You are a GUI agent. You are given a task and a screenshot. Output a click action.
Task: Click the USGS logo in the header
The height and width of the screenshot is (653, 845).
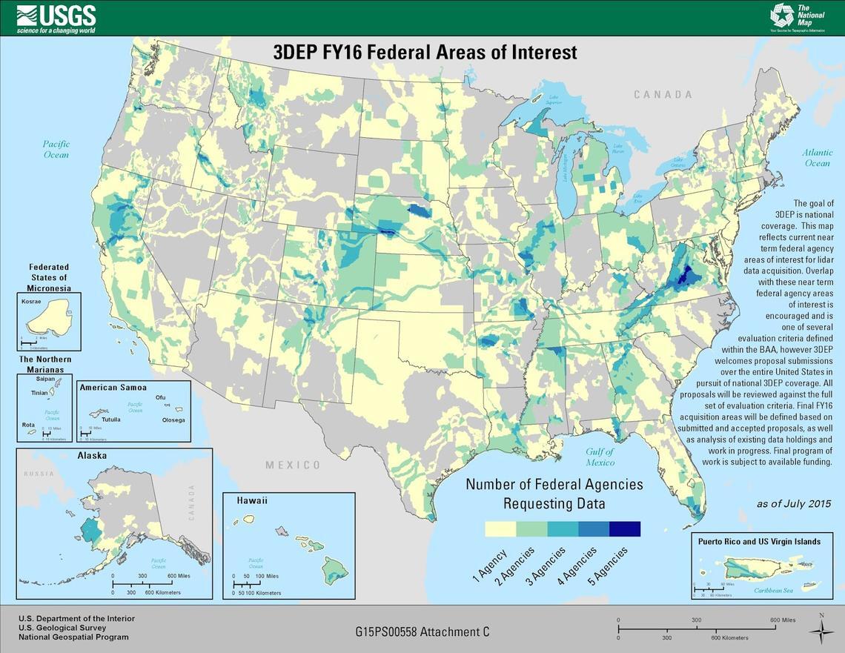56,19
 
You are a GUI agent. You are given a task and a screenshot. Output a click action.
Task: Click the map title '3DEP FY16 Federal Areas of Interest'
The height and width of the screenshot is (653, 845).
425,53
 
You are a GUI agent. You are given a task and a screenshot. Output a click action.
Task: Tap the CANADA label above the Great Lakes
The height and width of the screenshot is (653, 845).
663,95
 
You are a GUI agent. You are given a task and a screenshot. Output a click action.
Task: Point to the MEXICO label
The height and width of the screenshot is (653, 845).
294,465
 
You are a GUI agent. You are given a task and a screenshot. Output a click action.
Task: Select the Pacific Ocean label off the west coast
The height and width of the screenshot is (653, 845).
56,149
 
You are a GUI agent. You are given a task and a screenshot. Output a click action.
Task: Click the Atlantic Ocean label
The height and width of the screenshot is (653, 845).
817,158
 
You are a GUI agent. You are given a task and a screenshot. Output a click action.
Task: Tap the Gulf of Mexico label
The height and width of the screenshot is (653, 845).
600,457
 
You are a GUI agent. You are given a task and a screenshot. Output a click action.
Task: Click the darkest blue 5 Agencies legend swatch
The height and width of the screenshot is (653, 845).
624,529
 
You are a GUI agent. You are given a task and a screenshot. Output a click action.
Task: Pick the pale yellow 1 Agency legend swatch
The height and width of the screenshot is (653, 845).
500,529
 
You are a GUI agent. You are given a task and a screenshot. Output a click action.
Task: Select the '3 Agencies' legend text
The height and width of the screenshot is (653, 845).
546,567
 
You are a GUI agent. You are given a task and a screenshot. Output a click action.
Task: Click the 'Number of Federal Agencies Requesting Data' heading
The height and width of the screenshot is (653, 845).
554,494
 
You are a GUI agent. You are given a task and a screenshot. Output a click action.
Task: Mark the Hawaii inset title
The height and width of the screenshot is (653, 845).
252,501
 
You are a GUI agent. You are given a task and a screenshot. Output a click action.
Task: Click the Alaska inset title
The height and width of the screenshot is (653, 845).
93,455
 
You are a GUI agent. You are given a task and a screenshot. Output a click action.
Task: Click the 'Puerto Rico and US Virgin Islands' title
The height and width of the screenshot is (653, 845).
759,541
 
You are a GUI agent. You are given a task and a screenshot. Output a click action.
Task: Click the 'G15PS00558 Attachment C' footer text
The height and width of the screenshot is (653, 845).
422,632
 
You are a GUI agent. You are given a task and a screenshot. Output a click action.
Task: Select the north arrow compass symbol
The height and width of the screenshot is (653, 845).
821,629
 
